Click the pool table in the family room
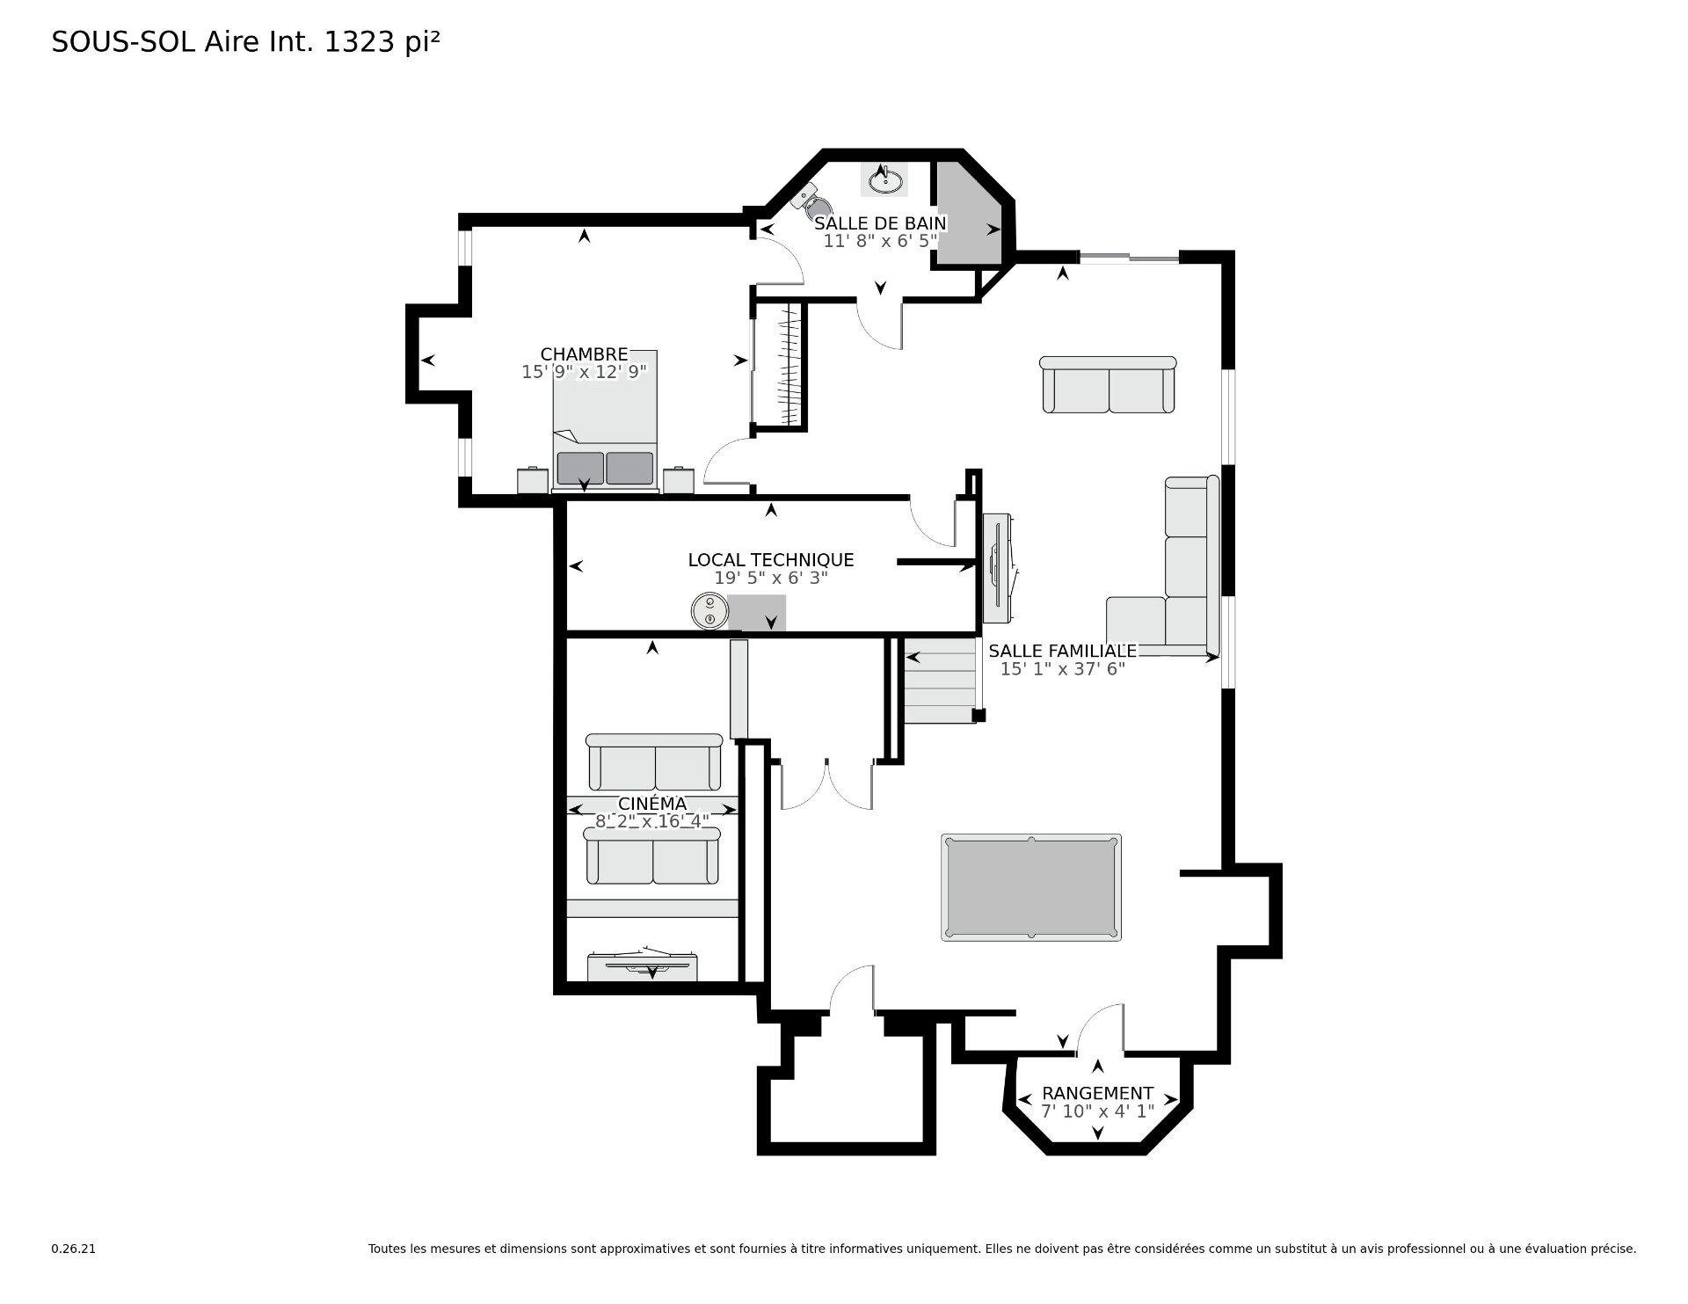pyautogui.click(x=1031, y=887)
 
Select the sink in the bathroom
pyautogui.click(x=884, y=180)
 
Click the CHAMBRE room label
pyautogui.click(x=584, y=354)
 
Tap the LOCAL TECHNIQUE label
pyautogui.click(x=770, y=560)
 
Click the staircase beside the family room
pyautogui.click(x=941, y=680)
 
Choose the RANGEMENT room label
pyautogui.click(x=1097, y=1093)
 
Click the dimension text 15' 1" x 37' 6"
pyautogui.click(x=1062, y=669)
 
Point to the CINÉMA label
pyautogui.click(x=652, y=804)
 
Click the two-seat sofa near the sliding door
pyautogui.click(x=1108, y=384)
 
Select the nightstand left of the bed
pyautogui.click(x=533, y=480)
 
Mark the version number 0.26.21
pyautogui.click(x=73, y=1249)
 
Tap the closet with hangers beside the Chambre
pyautogui.click(x=780, y=365)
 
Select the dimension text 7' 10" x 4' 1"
pyautogui.click(x=1097, y=1111)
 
